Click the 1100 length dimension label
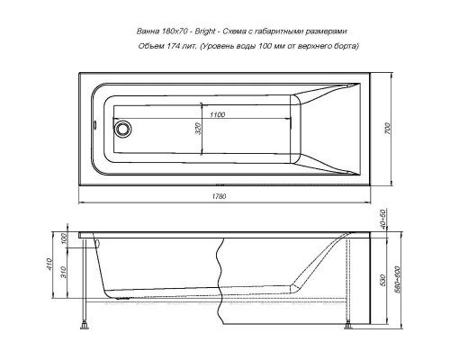213,115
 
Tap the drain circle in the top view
118,127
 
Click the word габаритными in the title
296,30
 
